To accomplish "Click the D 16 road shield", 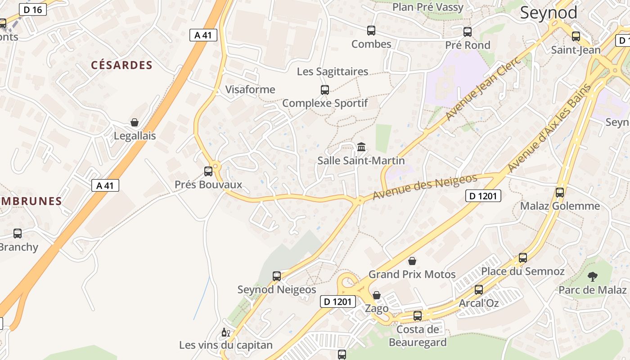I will (33, 9).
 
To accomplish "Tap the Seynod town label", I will (549, 13).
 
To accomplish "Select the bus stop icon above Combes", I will (371, 31).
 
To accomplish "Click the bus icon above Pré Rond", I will (468, 32).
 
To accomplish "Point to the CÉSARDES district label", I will (122, 65).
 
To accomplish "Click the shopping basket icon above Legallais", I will (135, 122).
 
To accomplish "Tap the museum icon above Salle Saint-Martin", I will (361, 147).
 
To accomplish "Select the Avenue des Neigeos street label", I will (425, 188).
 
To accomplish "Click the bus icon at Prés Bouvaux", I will (208, 171).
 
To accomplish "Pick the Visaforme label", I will (250, 90).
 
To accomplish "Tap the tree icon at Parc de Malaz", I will (593, 276).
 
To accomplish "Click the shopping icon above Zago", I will (377, 295).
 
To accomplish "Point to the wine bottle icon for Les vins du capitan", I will (225, 333).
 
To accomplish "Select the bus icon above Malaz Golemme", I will (560, 193).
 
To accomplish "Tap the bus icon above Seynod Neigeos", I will (277, 276).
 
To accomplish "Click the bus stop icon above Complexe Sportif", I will (325, 90).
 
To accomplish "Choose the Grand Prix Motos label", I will (412, 274).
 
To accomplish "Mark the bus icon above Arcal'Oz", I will (479, 290).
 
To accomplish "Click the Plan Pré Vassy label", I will (427, 7).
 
